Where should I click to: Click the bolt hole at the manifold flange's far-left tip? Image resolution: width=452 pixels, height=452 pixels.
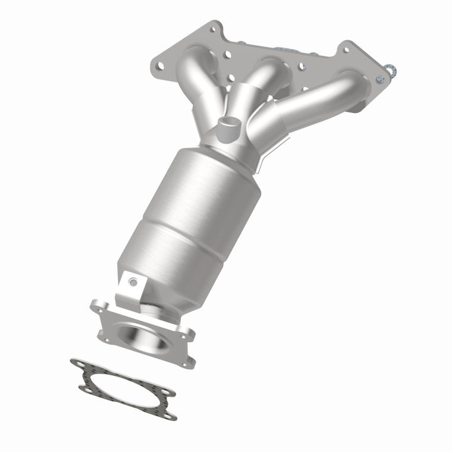pyautogui.click(x=160, y=65)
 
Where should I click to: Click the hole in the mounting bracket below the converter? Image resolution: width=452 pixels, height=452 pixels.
pyautogui.click(x=132, y=282)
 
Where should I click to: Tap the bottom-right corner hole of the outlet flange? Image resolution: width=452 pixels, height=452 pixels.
pyautogui.click(x=186, y=362)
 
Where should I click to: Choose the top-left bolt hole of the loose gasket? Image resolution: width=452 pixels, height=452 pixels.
pyautogui.click(x=78, y=363)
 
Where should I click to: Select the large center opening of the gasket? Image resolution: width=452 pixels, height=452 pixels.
pyautogui.click(x=122, y=387)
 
